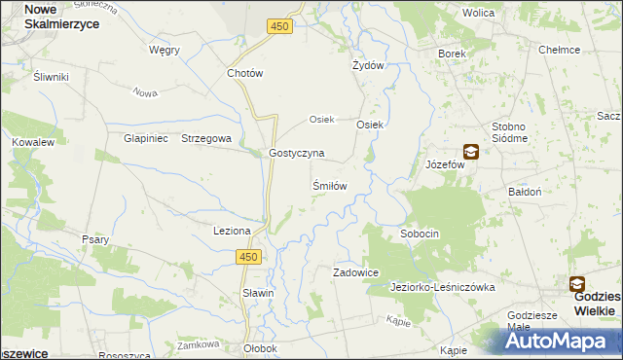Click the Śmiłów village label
pyautogui.click(x=329, y=184)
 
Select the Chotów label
pyautogui.click(x=245, y=73)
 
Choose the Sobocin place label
pyautogui.click(x=421, y=234)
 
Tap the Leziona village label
pyautogui.click(x=233, y=231)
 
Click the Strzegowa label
pyautogui.click(x=206, y=138)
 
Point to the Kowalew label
pyautogui.click(x=32, y=142)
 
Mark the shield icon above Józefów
pyautogui.click(x=471, y=151)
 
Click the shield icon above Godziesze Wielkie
pyautogui.click(x=577, y=284)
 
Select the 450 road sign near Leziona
pyautogui.click(x=250, y=256)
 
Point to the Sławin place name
pyautogui.click(x=259, y=293)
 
